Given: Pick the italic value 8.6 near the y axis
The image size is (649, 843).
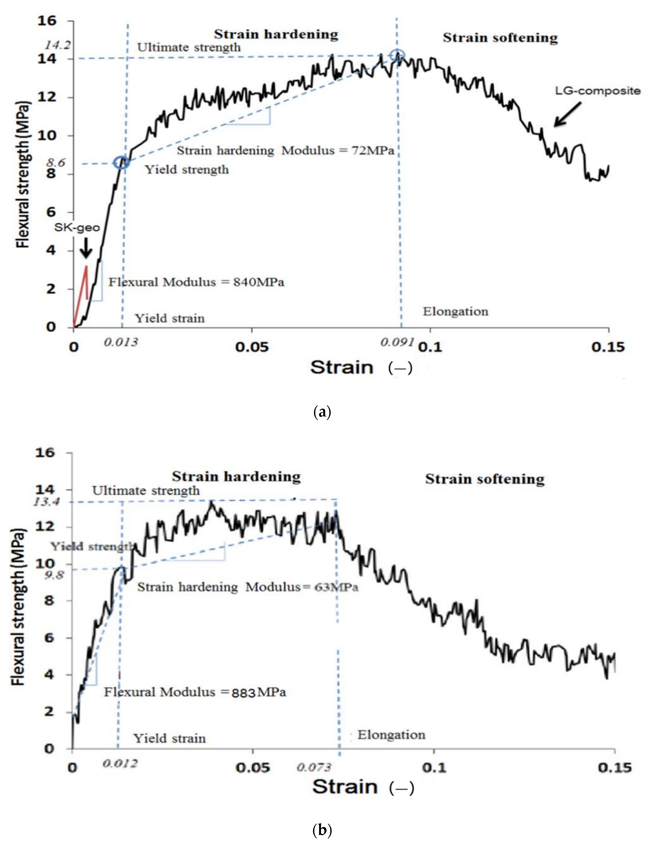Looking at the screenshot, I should coord(56,163).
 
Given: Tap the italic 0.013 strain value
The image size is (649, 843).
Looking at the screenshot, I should coord(121,342).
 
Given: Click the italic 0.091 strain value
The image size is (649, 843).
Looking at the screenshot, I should coord(397,342).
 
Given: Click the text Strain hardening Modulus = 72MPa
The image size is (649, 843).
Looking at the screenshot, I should coord(285,151).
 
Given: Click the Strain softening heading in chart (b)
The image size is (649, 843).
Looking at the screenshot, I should coord(485,479).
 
